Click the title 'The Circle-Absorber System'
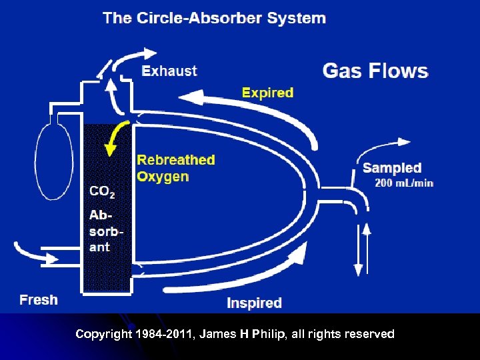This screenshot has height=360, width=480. click(x=214, y=18)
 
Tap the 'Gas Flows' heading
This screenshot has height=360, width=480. click(x=375, y=70)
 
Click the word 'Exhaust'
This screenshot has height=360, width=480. click(x=169, y=71)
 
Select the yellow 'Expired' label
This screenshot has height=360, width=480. click(x=267, y=93)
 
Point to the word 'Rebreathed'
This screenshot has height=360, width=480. click(x=176, y=160)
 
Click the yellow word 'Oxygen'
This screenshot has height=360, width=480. click(x=163, y=177)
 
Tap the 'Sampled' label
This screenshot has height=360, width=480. click(x=392, y=168)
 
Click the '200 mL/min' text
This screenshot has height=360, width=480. click(x=404, y=183)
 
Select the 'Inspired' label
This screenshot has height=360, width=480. click(x=254, y=303)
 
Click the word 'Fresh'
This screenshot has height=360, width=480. click(x=39, y=300)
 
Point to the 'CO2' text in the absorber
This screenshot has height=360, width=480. click(x=102, y=192)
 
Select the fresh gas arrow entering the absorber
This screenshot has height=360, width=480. click(x=40, y=253)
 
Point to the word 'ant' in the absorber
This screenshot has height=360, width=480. click(x=99, y=247)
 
